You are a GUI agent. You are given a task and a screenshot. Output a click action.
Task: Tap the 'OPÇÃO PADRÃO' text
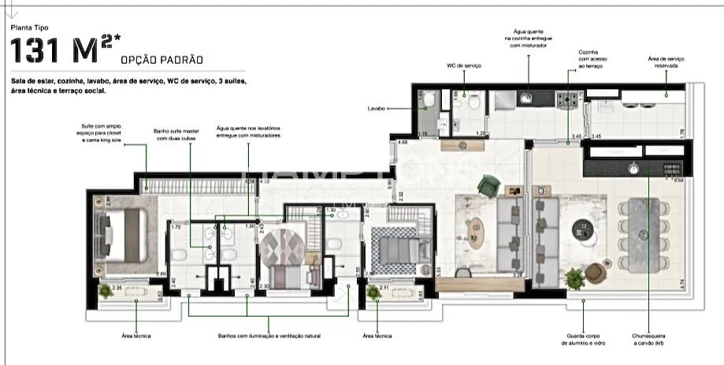[x=162, y=60]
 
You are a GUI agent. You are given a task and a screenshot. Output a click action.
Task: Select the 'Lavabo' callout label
[x=377, y=108]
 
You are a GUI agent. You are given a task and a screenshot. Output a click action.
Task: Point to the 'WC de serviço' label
[x=465, y=65]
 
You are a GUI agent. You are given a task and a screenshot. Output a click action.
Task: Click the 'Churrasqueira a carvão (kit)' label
[x=650, y=339]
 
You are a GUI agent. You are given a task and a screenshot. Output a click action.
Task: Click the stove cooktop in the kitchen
[x=568, y=99]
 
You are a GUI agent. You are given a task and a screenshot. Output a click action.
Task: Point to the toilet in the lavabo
[x=429, y=99]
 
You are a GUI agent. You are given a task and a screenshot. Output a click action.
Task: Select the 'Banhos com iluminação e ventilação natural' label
[x=269, y=336]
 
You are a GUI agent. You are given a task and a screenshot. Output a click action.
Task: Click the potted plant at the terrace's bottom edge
[x=575, y=277]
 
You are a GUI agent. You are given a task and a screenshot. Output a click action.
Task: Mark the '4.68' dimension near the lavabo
[x=403, y=142]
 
